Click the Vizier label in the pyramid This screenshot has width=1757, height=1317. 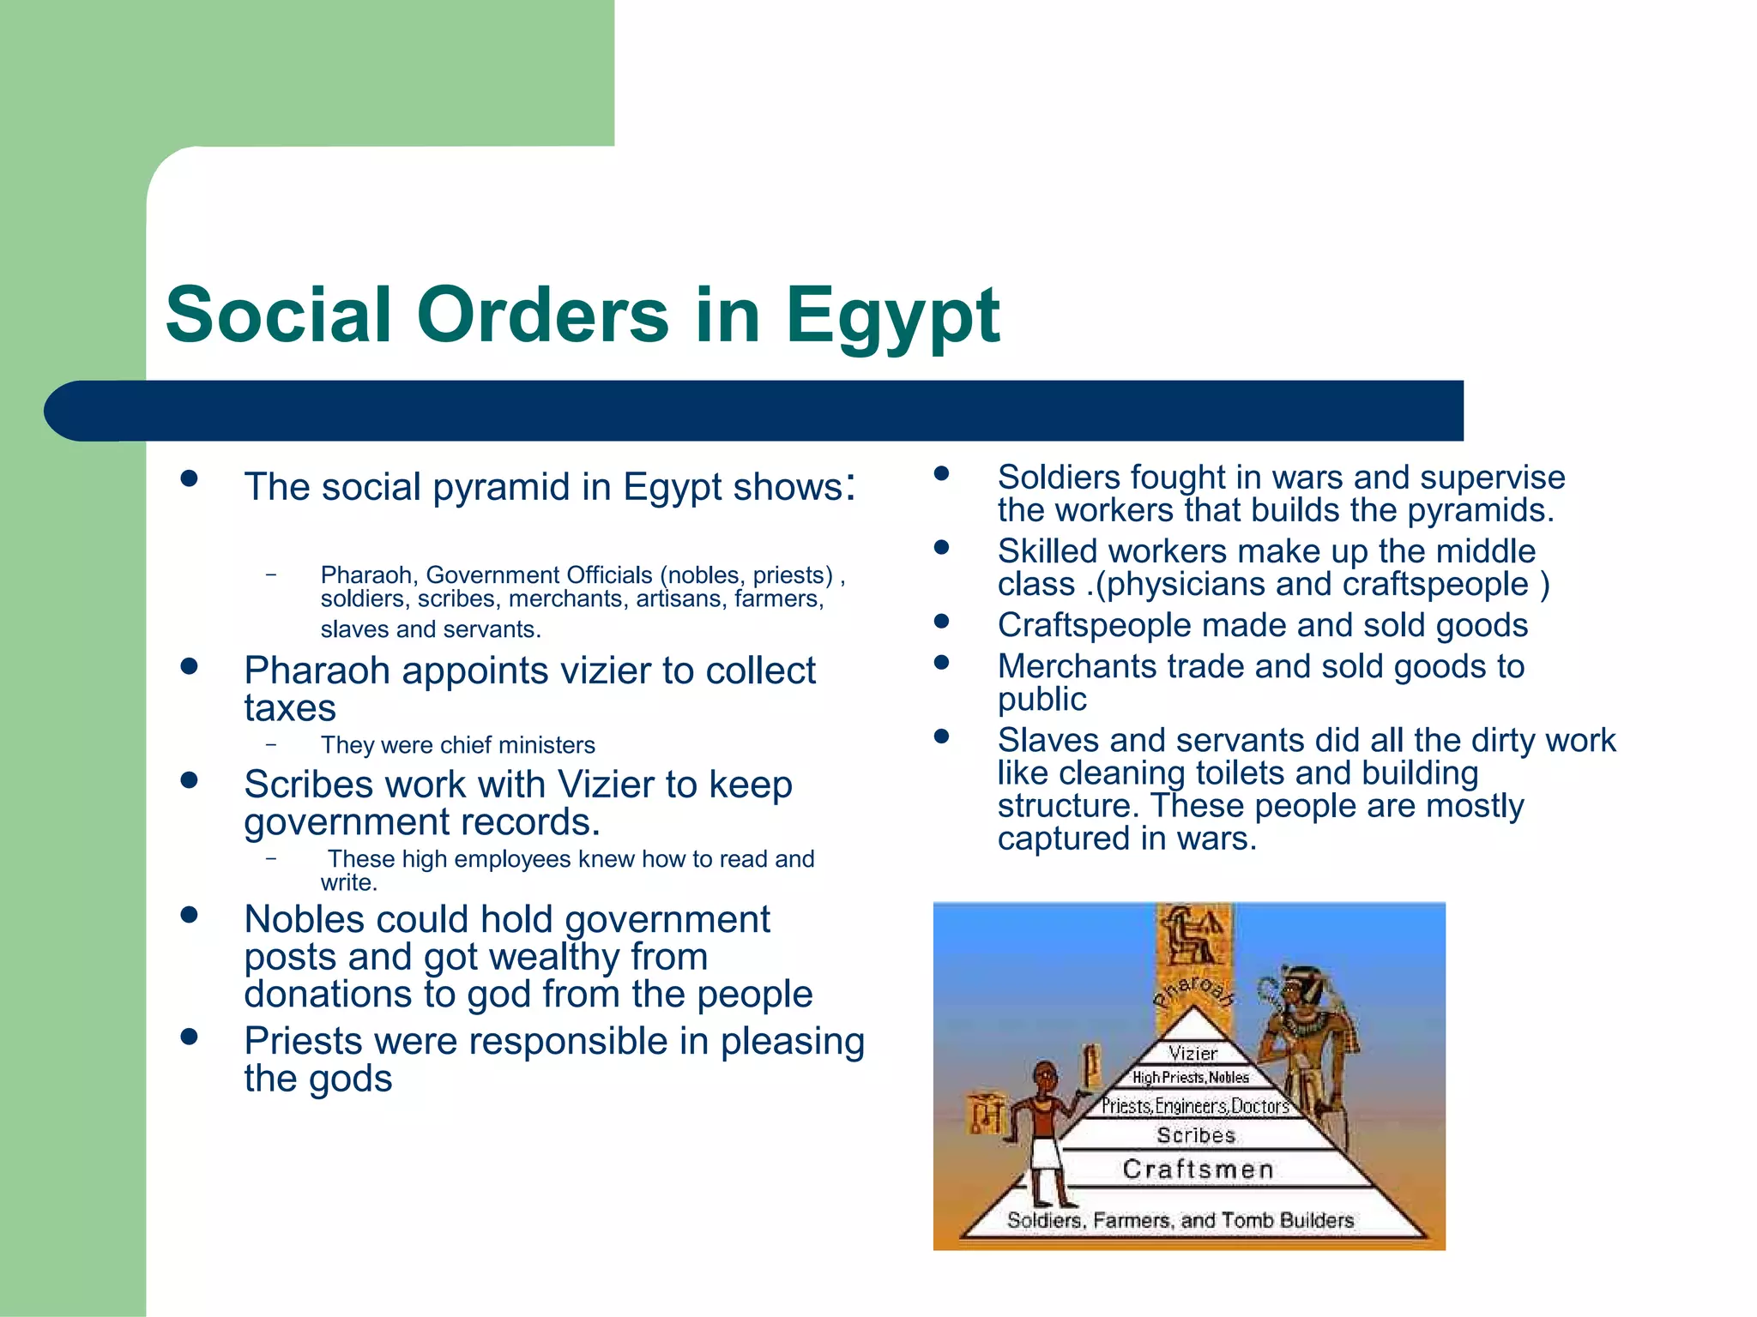[x=1192, y=1053]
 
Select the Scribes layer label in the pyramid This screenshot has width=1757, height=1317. [x=1195, y=1135]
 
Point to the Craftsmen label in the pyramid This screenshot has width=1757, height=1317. [x=1198, y=1170]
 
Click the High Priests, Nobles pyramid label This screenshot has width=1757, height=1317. [x=1191, y=1078]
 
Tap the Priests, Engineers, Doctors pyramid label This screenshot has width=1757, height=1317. [x=1195, y=1106]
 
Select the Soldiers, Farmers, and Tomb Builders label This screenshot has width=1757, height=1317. [x=1180, y=1220]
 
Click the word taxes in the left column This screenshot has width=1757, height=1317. [x=290, y=709]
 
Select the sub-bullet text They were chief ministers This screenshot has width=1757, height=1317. [x=457, y=745]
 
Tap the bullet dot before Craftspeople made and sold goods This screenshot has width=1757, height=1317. [x=942, y=621]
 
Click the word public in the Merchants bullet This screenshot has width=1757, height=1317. [x=1042, y=700]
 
